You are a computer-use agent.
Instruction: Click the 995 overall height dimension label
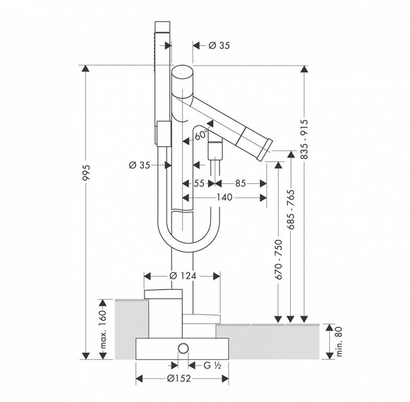coord(86,173)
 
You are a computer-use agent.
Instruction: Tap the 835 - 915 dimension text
coord(304,139)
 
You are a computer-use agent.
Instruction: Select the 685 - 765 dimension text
coord(291,209)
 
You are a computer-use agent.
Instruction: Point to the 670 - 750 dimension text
coord(279,260)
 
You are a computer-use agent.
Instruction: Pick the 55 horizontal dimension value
coord(199,183)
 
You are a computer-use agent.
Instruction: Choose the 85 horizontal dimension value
coord(240,183)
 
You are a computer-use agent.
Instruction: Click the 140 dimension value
coord(225,197)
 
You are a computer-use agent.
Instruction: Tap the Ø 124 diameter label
coord(182,275)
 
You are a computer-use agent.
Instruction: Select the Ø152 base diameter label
coord(179,378)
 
